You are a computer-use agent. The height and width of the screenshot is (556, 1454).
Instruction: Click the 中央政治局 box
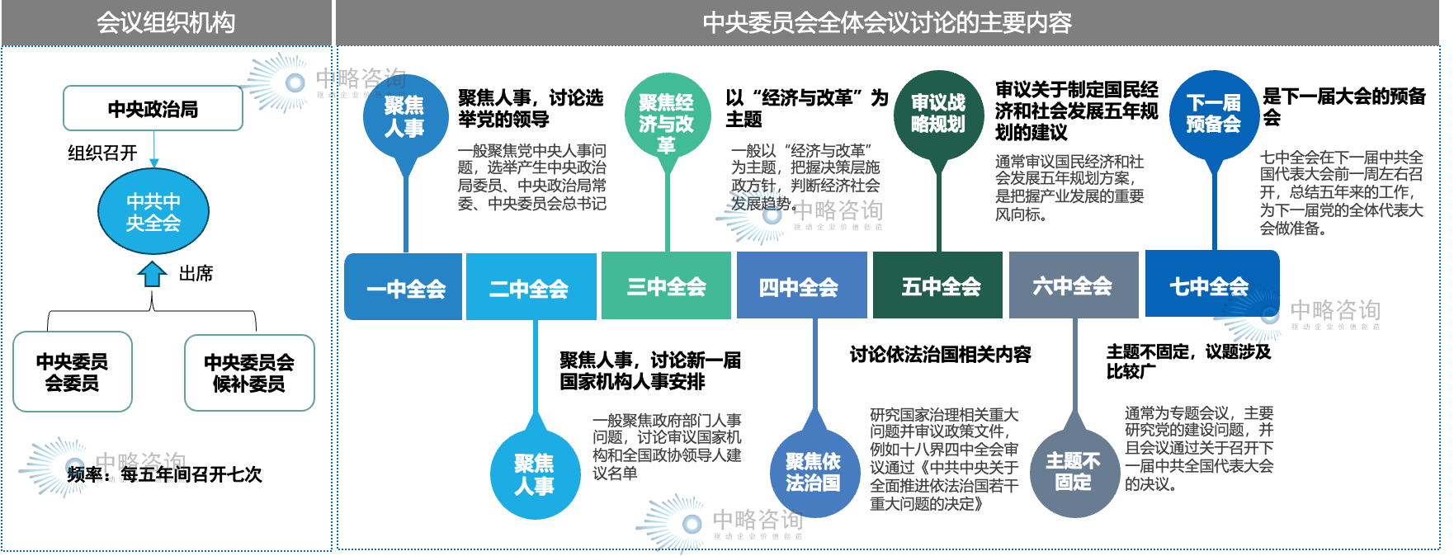point(153,108)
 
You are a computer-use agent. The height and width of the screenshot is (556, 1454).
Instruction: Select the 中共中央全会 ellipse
point(153,212)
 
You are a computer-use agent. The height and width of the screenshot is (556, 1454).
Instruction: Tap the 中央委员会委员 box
point(73,372)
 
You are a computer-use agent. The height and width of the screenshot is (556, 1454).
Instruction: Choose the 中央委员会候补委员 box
point(249,373)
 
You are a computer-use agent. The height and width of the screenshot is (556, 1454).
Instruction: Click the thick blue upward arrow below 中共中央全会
point(153,274)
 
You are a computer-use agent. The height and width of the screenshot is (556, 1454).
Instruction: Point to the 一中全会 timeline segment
point(404,287)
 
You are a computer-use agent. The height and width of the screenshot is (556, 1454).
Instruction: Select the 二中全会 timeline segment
point(530,287)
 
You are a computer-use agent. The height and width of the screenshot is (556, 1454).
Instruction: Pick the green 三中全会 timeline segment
point(666,286)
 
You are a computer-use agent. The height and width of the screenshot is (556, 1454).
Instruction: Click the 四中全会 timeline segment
point(800,286)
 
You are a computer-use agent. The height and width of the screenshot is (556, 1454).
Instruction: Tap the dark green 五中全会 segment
point(940,286)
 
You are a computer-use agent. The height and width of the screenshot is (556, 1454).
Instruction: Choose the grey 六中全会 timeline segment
point(1073,286)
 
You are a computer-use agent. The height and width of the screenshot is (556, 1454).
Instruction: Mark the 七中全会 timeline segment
point(1211,285)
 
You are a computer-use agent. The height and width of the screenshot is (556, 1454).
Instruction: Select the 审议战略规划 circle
point(938,114)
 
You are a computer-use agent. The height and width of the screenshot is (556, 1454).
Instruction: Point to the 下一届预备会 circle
point(1214,114)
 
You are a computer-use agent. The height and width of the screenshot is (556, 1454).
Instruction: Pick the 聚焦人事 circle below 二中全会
point(535,474)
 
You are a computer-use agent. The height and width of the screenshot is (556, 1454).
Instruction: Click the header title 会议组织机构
point(166,22)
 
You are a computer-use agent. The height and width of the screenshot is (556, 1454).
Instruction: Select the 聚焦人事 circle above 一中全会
point(405,117)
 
